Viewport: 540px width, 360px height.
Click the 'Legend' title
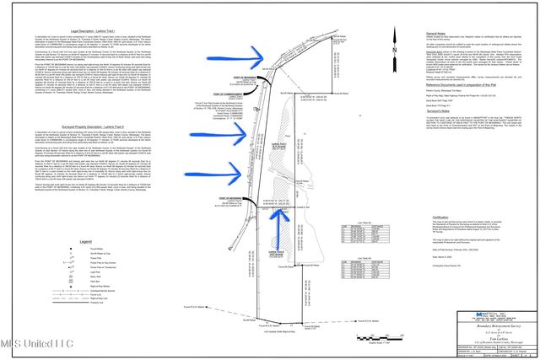click(x=85, y=242)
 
